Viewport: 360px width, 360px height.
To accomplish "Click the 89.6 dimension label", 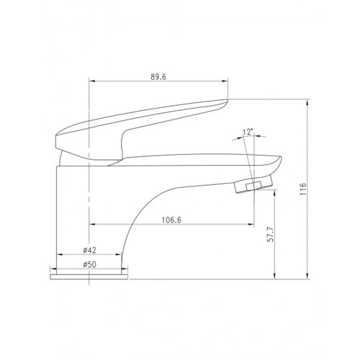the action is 158,77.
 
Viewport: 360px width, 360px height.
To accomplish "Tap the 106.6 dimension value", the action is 171,220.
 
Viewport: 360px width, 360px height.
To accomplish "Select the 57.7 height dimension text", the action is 271,235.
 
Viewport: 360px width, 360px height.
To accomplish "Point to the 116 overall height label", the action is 303,189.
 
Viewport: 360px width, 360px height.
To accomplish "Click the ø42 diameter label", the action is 89,251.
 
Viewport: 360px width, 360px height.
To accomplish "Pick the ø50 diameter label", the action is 89,264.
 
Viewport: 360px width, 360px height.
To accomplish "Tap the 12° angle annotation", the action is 248,132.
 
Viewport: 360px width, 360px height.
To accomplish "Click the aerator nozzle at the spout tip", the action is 253,184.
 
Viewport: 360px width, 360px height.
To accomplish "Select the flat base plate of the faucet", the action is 89,276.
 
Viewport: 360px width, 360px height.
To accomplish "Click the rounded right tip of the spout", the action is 280,159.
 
